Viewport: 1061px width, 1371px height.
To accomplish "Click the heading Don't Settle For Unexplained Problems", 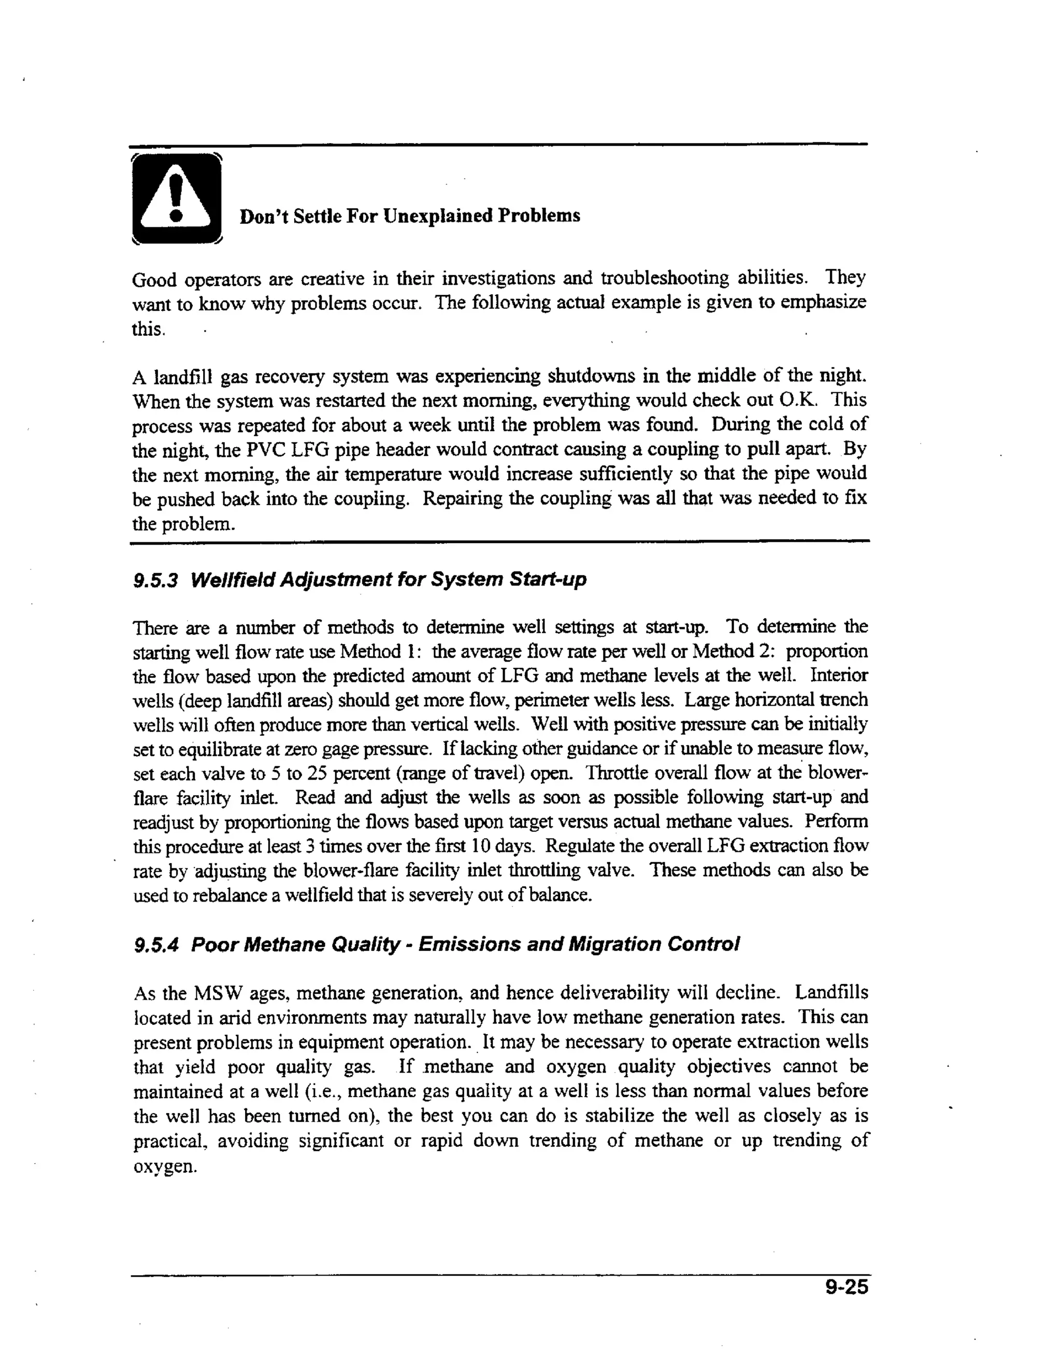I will pos(409,216).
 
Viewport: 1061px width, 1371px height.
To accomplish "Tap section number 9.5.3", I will pos(156,579).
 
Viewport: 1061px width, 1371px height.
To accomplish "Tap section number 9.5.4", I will pos(156,945).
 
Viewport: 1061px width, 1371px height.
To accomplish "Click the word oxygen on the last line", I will pos(165,1167).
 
